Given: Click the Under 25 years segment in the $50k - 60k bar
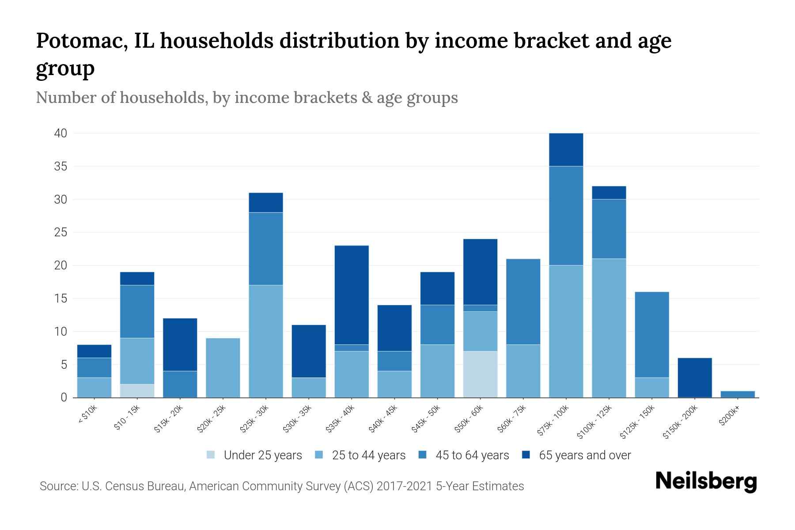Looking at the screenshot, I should coord(480,374).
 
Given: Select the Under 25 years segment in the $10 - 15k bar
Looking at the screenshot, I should coord(137,391).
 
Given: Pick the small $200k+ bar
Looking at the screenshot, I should coord(738,394).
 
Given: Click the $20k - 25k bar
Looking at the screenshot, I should coord(223,367).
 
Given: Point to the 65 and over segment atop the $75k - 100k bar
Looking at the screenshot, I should coord(566,150).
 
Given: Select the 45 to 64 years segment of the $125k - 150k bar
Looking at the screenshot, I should coord(652,334).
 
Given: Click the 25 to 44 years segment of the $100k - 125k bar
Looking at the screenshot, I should coord(609,328).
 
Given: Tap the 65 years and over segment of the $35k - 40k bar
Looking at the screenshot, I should coord(352,295).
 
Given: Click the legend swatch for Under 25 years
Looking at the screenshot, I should coord(211,455).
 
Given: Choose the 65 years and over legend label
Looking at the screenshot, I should coord(585,455).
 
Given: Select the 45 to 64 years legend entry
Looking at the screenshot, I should coord(472,455).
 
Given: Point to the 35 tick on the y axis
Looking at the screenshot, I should coord(61,167).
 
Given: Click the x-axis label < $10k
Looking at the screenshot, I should coord(87,415).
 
